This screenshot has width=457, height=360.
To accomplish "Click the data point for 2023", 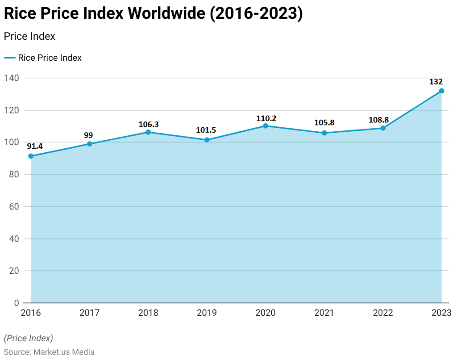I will [x=441, y=91].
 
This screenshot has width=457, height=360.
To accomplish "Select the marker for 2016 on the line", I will [x=31, y=156].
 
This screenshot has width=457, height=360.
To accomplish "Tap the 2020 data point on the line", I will [x=266, y=126].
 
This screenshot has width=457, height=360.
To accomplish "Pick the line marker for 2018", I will [x=148, y=132].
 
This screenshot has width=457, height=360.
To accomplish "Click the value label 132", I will [x=436, y=82].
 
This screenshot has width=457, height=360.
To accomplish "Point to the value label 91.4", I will [x=35, y=146].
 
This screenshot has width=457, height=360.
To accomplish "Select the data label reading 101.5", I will [x=206, y=130].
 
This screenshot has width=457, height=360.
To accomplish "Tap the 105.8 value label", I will [x=324, y=123].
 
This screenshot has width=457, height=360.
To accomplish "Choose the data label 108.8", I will [x=378, y=120].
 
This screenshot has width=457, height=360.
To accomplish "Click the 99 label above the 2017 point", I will [x=88, y=135].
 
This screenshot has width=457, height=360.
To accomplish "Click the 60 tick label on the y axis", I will [x=13, y=207].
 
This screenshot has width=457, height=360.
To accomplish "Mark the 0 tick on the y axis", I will [x=16, y=303].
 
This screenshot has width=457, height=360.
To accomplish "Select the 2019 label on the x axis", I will [x=207, y=313].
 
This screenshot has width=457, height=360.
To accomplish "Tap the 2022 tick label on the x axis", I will [x=383, y=313].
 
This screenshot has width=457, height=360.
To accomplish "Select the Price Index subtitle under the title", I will [x=29, y=36].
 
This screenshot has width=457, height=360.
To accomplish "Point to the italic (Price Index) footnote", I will [x=28, y=338].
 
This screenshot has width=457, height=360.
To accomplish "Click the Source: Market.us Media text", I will [x=49, y=352].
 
